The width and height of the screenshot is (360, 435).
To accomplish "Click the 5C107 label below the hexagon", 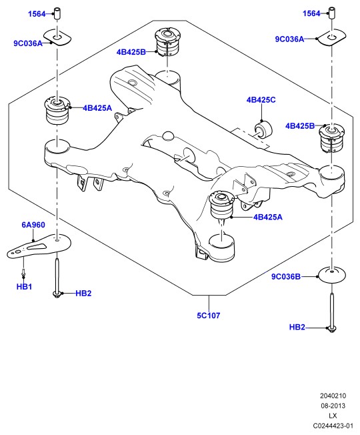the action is pos(209,316).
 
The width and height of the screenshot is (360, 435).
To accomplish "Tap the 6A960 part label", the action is pos(33,225).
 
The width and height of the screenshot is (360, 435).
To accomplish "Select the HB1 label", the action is pos(24,287).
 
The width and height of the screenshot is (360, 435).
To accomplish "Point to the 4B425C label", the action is pos(261,100).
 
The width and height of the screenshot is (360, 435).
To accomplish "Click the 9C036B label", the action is pos(286,277).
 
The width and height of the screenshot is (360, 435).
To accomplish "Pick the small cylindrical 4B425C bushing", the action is pos(263,129).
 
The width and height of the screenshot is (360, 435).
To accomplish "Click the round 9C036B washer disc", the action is pos(332,275).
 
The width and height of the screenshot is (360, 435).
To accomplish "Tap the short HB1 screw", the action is pos(23,274).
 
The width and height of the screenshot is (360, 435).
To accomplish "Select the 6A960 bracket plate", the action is pos(39,246).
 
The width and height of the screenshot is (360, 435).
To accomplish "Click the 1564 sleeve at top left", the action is pos(57,14).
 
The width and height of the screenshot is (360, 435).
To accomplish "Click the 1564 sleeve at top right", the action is pos(332,13).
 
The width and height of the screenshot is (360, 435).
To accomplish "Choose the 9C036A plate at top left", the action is pos(57,37).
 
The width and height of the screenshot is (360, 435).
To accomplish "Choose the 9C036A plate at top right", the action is pos(332,37).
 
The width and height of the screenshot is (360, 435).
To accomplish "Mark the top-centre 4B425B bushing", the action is pos(167,41).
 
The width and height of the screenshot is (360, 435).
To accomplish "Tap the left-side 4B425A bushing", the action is pos(57,110).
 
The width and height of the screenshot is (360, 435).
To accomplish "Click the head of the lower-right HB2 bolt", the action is pos(332,328).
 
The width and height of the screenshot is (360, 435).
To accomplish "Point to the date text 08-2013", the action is pos(333,406).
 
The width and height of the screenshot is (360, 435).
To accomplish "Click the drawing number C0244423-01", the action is pos(333,426).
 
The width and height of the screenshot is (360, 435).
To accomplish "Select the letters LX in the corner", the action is pos(333,416).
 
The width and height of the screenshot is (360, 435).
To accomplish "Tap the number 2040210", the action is pos(333,396).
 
